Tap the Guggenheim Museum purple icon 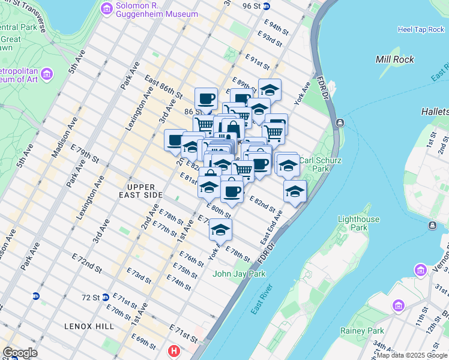coord(107,9)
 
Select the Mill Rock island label coord(394,59)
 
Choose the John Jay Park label coord(240,274)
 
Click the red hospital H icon coord(174,350)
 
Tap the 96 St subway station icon coord(267,7)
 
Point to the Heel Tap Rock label coord(420,29)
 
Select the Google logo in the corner coord(20,352)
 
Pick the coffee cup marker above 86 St coord(206,98)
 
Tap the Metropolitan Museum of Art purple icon coord(47,74)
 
